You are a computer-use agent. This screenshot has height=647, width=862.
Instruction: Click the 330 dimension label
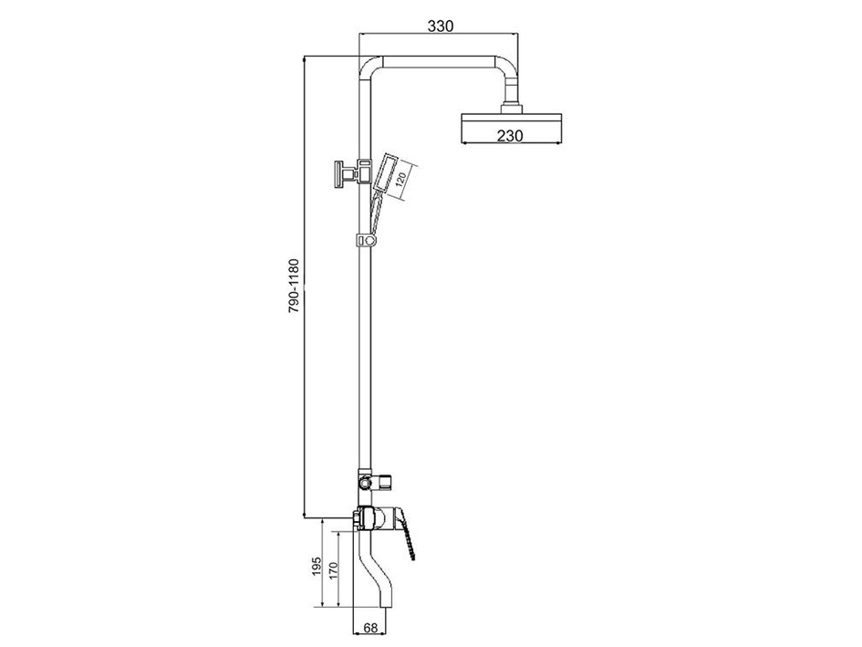(441, 26)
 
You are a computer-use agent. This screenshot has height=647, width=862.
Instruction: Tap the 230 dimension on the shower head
(510, 135)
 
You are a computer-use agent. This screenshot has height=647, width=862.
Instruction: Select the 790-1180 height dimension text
(295, 287)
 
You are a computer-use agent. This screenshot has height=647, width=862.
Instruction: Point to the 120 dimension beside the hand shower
(400, 180)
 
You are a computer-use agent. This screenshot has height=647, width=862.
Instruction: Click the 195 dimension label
(317, 566)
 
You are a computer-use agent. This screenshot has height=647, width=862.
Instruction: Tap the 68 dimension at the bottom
(370, 628)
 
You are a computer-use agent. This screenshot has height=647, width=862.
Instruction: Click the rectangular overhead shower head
(511, 128)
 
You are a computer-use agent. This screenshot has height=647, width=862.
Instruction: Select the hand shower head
(385, 173)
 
